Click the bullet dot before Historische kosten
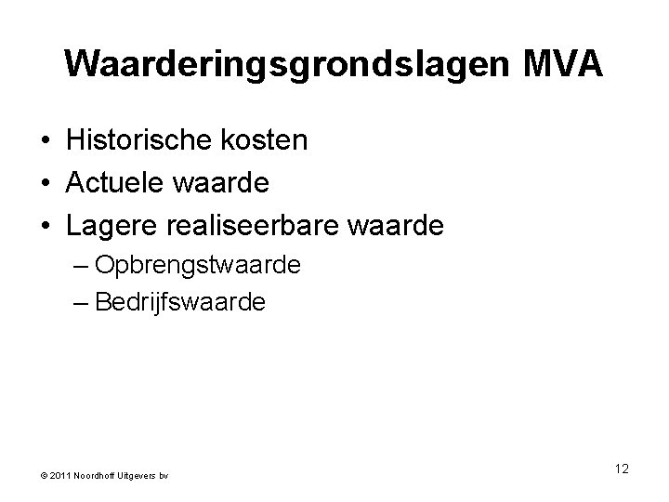coord(45,143)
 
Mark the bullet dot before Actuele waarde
coord(45,185)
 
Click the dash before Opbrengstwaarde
coord(80,267)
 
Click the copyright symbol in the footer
coord(44,476)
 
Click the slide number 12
coord(621,469)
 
